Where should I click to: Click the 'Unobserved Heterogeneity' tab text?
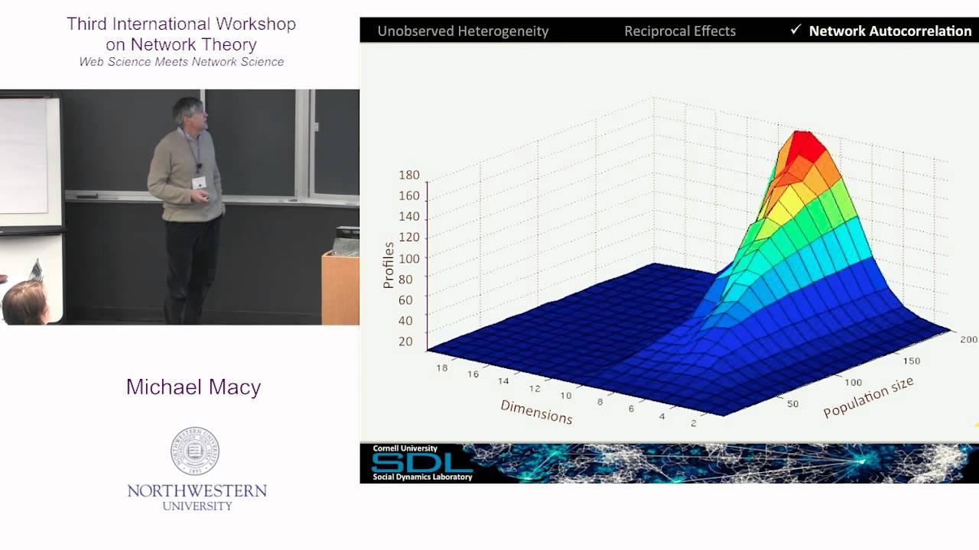[x=463, y=31]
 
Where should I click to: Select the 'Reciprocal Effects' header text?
[x=679, y=31]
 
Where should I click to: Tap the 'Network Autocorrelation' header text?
[x=890, y=31]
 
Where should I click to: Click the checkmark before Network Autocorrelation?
[x=795, y=30]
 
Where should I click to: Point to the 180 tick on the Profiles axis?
[x=409, y=175]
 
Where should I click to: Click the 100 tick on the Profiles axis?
[x=409, y=258]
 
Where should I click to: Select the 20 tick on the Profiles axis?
[x=405, y=341]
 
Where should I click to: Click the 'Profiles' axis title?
[x=389, y=265]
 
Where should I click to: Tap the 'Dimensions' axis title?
[x=536, y=412]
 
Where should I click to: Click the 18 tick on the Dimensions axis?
[x=441, y=367]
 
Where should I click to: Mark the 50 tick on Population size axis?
[x=793, y=403]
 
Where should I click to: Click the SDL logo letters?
[x=421, y=462]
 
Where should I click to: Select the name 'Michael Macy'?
[x=194, y=387]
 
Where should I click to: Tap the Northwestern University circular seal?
[x=195, y=451]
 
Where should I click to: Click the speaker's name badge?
[x=199, y=182]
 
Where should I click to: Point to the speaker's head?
[x=188, y=113]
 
